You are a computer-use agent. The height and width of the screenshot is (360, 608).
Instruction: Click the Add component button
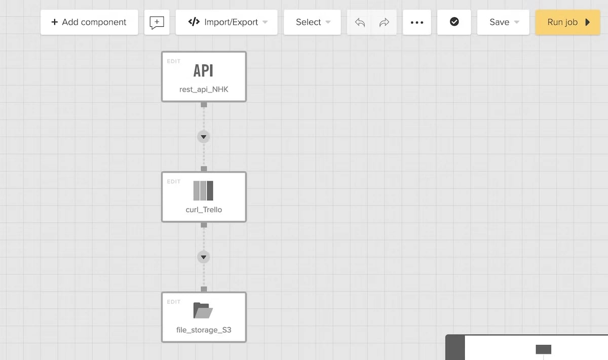tap(89, 22)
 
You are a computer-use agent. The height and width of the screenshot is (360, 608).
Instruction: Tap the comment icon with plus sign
tap(157, 22)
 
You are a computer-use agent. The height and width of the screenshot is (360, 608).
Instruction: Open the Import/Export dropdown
tap(226, 22)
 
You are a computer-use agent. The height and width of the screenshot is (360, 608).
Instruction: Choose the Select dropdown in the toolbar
tap(312, 22)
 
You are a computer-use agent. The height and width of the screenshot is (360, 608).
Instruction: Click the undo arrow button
tap(359, 22)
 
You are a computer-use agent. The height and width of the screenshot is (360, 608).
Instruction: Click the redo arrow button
tap(384, 22)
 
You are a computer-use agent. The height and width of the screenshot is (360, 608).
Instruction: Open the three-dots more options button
tap(417, 22)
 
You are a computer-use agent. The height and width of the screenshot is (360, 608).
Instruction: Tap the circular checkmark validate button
tap(454, 22)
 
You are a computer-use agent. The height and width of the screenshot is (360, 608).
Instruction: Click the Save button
tap(503, 22)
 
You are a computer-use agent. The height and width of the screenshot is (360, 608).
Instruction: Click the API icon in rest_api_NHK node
tap(203, 70)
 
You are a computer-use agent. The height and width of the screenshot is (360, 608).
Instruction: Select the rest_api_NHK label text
tap(204, 89)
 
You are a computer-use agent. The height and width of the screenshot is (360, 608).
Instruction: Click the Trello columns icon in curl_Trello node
tap(203, 191)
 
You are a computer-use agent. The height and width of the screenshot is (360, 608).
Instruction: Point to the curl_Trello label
tap(204, 210)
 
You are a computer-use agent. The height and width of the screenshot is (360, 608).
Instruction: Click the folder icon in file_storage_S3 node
tap(203, 310)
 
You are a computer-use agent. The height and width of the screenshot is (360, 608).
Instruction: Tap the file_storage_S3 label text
tap(204, 330)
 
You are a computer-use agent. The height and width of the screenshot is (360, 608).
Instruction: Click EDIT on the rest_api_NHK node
tap(174, 61)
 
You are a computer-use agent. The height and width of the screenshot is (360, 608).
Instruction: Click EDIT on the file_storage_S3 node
tap(174, 302)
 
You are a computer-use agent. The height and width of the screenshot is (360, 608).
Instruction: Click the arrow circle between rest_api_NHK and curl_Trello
tap(204, 137)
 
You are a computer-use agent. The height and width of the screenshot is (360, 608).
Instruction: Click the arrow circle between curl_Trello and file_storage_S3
tap(204, 257)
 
